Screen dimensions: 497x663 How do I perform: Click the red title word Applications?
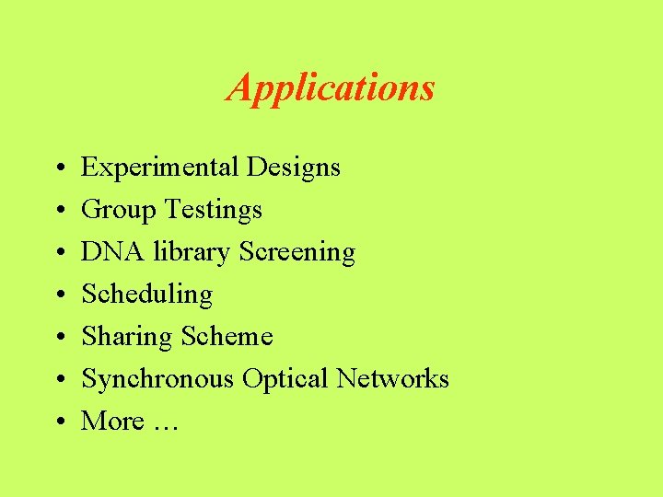point(331,88)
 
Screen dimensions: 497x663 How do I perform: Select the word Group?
point(119,210)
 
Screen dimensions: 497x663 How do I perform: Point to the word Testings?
point(213,210)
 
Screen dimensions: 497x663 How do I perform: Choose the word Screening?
point(297,252)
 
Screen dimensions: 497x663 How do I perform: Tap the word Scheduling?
point(147,295)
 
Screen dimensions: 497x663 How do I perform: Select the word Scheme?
point(227,336)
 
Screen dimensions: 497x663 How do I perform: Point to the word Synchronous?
point(157,379)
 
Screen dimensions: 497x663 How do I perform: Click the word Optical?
point(285,379)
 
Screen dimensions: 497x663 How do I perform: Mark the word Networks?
point(392,378)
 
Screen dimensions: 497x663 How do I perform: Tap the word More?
point(112,421)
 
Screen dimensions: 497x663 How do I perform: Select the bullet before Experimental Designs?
point(57,168)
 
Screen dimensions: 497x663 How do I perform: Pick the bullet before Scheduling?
point(57,295)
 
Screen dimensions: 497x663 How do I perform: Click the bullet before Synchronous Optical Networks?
point(57,380)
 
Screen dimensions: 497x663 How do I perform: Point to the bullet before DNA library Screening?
point(57,253)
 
